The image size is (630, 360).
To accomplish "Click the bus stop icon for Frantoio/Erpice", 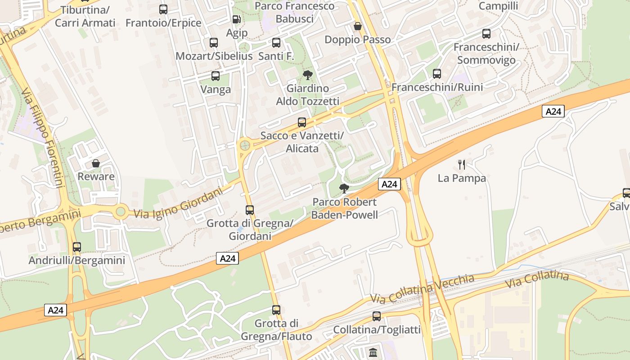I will point(163,9).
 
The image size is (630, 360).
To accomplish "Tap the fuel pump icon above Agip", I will point(237,19).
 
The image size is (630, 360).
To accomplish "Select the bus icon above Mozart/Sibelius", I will point(214,43).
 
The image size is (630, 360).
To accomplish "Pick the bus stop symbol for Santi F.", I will point(276,43).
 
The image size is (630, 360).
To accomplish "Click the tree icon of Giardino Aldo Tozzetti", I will point(308,75).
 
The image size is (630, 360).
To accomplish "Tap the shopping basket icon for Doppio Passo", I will point(358,26).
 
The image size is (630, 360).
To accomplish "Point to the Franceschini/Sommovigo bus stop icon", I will point(486,33).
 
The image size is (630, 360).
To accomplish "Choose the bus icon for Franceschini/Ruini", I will point(437,74).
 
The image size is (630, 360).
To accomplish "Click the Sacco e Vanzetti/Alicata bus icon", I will point(302,122).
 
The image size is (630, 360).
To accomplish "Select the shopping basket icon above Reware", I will point(96,163).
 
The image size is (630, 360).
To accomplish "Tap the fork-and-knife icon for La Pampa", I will point(462,165).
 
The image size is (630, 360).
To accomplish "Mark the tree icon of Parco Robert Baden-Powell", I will point(344,188).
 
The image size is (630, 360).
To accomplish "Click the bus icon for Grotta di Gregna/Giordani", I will point(250,210).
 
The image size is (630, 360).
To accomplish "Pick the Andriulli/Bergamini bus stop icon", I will point(77,247).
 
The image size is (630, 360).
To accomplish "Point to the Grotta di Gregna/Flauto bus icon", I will point(276,310).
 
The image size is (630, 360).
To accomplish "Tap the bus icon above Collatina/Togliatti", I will point(377,316).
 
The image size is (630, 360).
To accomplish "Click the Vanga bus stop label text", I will point(216,89).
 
